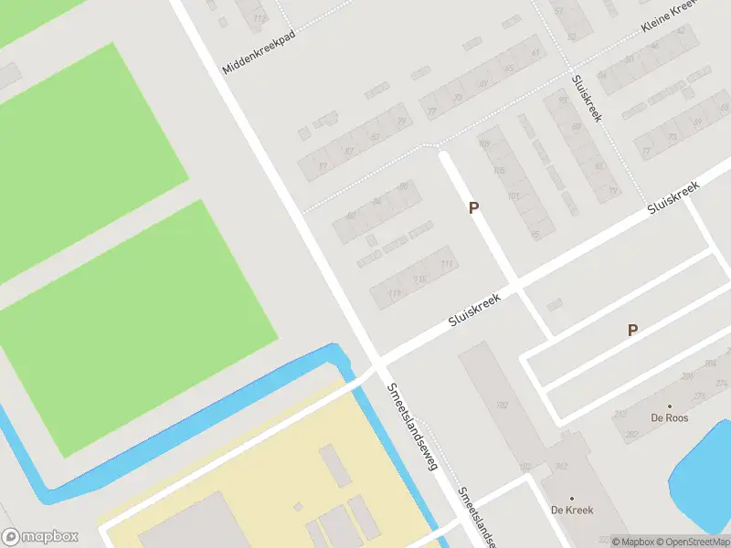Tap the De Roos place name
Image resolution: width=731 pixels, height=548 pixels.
(669, 418)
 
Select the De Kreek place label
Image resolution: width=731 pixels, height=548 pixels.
(572, 511)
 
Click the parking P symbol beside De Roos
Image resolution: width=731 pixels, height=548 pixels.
(632, 331)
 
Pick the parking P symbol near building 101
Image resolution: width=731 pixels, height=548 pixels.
(473, 208)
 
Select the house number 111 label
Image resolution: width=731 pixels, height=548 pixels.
(447, 265)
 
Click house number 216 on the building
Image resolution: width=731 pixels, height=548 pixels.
(420, 279)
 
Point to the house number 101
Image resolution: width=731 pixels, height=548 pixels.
(514, 195)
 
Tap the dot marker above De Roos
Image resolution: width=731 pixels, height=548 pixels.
(669, 406)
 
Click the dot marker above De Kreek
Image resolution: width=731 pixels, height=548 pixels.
(572, 499)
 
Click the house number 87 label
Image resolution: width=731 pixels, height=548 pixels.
(348, 151)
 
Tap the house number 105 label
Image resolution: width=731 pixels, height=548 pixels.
(484, 144)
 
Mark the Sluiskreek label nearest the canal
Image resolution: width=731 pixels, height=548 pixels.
(475, 311)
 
